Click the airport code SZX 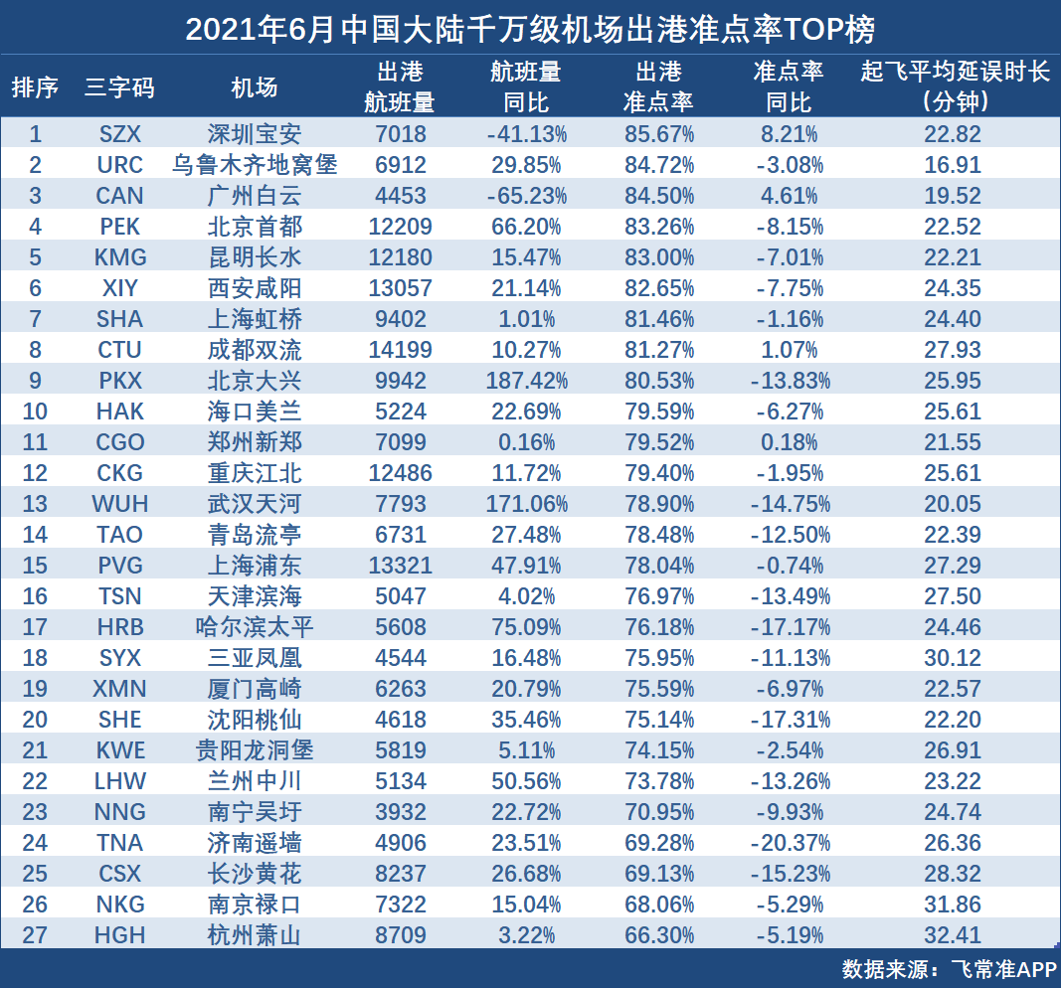tap(120, 134)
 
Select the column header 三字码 tap(120, 87)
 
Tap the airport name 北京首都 tap(255, 226)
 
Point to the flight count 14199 tap(401, 350)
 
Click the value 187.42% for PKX tap(526, 381)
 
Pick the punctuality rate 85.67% tap(659, 134)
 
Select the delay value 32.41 tap(953, 935)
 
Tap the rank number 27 tap(35, 935)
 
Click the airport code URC tap(120, 164)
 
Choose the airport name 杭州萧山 tap(255, 935)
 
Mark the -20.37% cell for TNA tap(790, 843)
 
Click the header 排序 tap(35, 87)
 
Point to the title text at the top tap(530, 30)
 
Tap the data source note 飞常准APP tap(1003, 969)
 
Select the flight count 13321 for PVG tap(401, 566)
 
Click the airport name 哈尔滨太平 tap(255, 627)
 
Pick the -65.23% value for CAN tap(526, 196)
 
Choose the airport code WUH tap(120, 504)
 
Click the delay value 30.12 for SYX tap(953, 658)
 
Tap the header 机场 tap(255, 87)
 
